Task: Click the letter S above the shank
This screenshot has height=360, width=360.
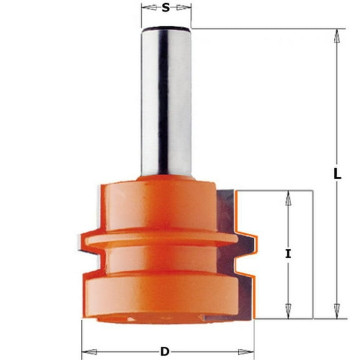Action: [166, 8]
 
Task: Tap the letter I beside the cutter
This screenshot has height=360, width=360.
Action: [288, 254]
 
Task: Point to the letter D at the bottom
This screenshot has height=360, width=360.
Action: [165, 351]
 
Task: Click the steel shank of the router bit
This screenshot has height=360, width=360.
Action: [166, 100]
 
